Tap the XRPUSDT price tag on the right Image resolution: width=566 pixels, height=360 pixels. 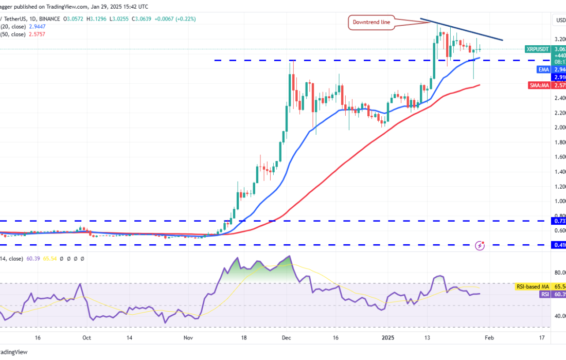[x=539, y=49]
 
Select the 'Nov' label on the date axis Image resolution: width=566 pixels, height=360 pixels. [x=188, y=338]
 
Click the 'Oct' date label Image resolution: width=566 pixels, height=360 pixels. [x=86, y=338]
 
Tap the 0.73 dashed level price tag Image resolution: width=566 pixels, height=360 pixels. [x=559, y=221]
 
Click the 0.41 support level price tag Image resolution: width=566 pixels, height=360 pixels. [x=559, y=245]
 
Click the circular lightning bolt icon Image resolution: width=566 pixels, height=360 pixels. [x=480, y=245]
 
